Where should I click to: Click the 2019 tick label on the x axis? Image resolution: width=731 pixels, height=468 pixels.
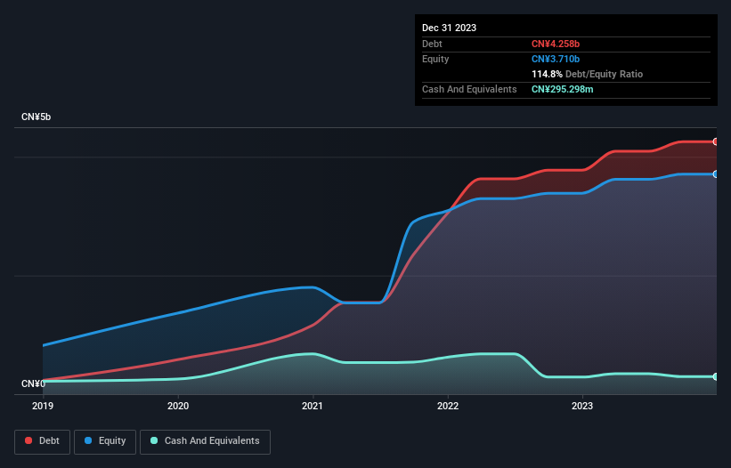pos(43,406)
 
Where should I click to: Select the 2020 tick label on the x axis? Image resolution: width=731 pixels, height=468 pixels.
pos(178,406)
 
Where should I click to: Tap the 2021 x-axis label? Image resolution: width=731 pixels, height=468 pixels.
pos(313,406)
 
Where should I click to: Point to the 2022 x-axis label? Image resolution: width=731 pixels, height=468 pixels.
pos(447,406)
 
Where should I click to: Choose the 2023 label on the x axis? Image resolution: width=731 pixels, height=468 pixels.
pos(582,406)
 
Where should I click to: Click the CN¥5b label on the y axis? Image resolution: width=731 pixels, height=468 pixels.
pos(37,117)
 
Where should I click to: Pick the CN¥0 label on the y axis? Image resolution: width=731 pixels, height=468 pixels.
pos(33,383)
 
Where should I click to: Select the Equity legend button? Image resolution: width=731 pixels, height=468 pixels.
pos(106,441)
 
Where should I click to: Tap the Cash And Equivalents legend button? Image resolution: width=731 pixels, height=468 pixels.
pos(205,441)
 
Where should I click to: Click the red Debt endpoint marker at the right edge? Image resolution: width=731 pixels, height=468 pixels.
pos(715,141)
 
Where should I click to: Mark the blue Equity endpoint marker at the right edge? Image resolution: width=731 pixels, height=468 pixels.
pos(715,174)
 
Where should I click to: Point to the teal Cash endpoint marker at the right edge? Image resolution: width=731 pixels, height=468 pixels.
pos(715,376)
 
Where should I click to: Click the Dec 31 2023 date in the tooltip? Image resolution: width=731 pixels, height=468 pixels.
pos(449,28)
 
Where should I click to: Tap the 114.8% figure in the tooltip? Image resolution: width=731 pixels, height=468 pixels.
pos(547,74)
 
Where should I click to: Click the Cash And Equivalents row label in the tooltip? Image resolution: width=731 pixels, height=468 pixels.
pos(469,89)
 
